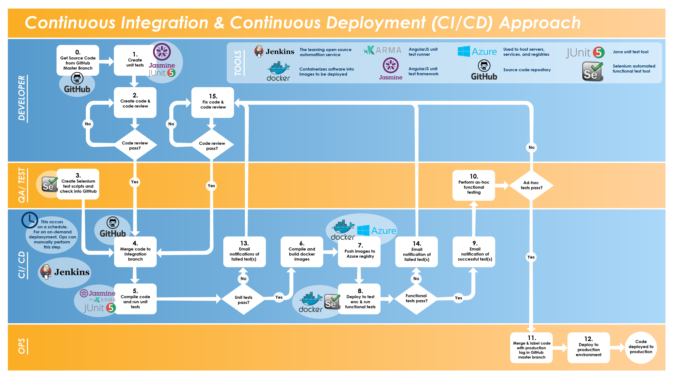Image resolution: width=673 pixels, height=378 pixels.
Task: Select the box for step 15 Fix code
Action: (213, 102)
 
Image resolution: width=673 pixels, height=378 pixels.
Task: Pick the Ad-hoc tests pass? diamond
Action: (531, 185)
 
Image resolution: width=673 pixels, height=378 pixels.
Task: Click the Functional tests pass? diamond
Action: (416, 298)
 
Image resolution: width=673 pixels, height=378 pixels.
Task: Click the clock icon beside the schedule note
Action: (29, 220)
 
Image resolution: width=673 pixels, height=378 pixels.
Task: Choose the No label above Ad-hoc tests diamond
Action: (531, 147)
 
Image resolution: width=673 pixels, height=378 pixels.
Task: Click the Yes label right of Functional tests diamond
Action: (458, 298)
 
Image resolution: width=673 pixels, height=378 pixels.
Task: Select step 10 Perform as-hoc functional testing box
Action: (473, 185)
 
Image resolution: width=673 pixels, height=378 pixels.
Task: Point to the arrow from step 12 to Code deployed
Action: (618, 347)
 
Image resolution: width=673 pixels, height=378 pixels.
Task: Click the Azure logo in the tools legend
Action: (477, 51)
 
